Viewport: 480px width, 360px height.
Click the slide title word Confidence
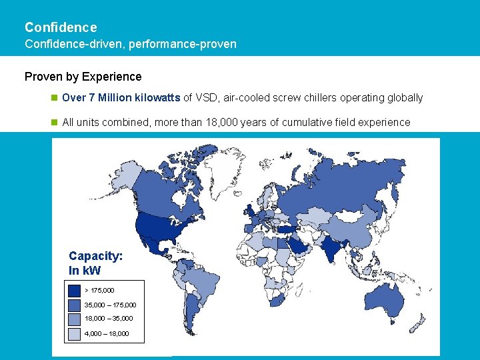coord(61,27)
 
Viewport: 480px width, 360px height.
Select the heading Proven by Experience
coord(83,77)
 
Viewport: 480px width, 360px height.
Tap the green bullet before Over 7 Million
coord(55,98)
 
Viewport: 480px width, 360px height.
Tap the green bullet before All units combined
coord(55,123)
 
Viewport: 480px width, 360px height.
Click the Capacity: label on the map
coord(95,256)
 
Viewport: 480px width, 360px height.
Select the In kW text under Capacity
coord(85,271)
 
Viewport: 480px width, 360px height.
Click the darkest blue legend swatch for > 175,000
coord(74,291)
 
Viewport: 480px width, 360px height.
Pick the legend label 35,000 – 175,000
coord(111,305)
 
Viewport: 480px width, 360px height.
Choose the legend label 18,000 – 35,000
coord(109,319)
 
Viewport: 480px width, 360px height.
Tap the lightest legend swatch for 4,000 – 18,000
coord(74,333)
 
